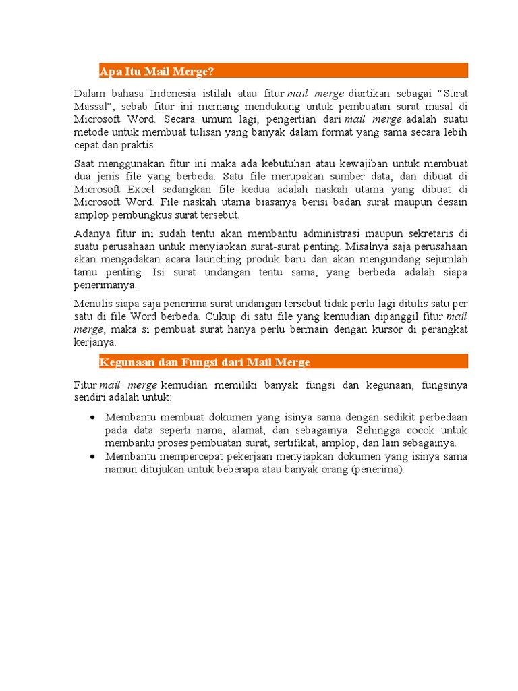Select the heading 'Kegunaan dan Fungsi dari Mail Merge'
coord(205,362)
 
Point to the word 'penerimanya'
coord(105,285)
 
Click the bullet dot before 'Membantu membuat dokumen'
coord(92,418)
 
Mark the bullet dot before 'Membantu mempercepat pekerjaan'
coord(92,457)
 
